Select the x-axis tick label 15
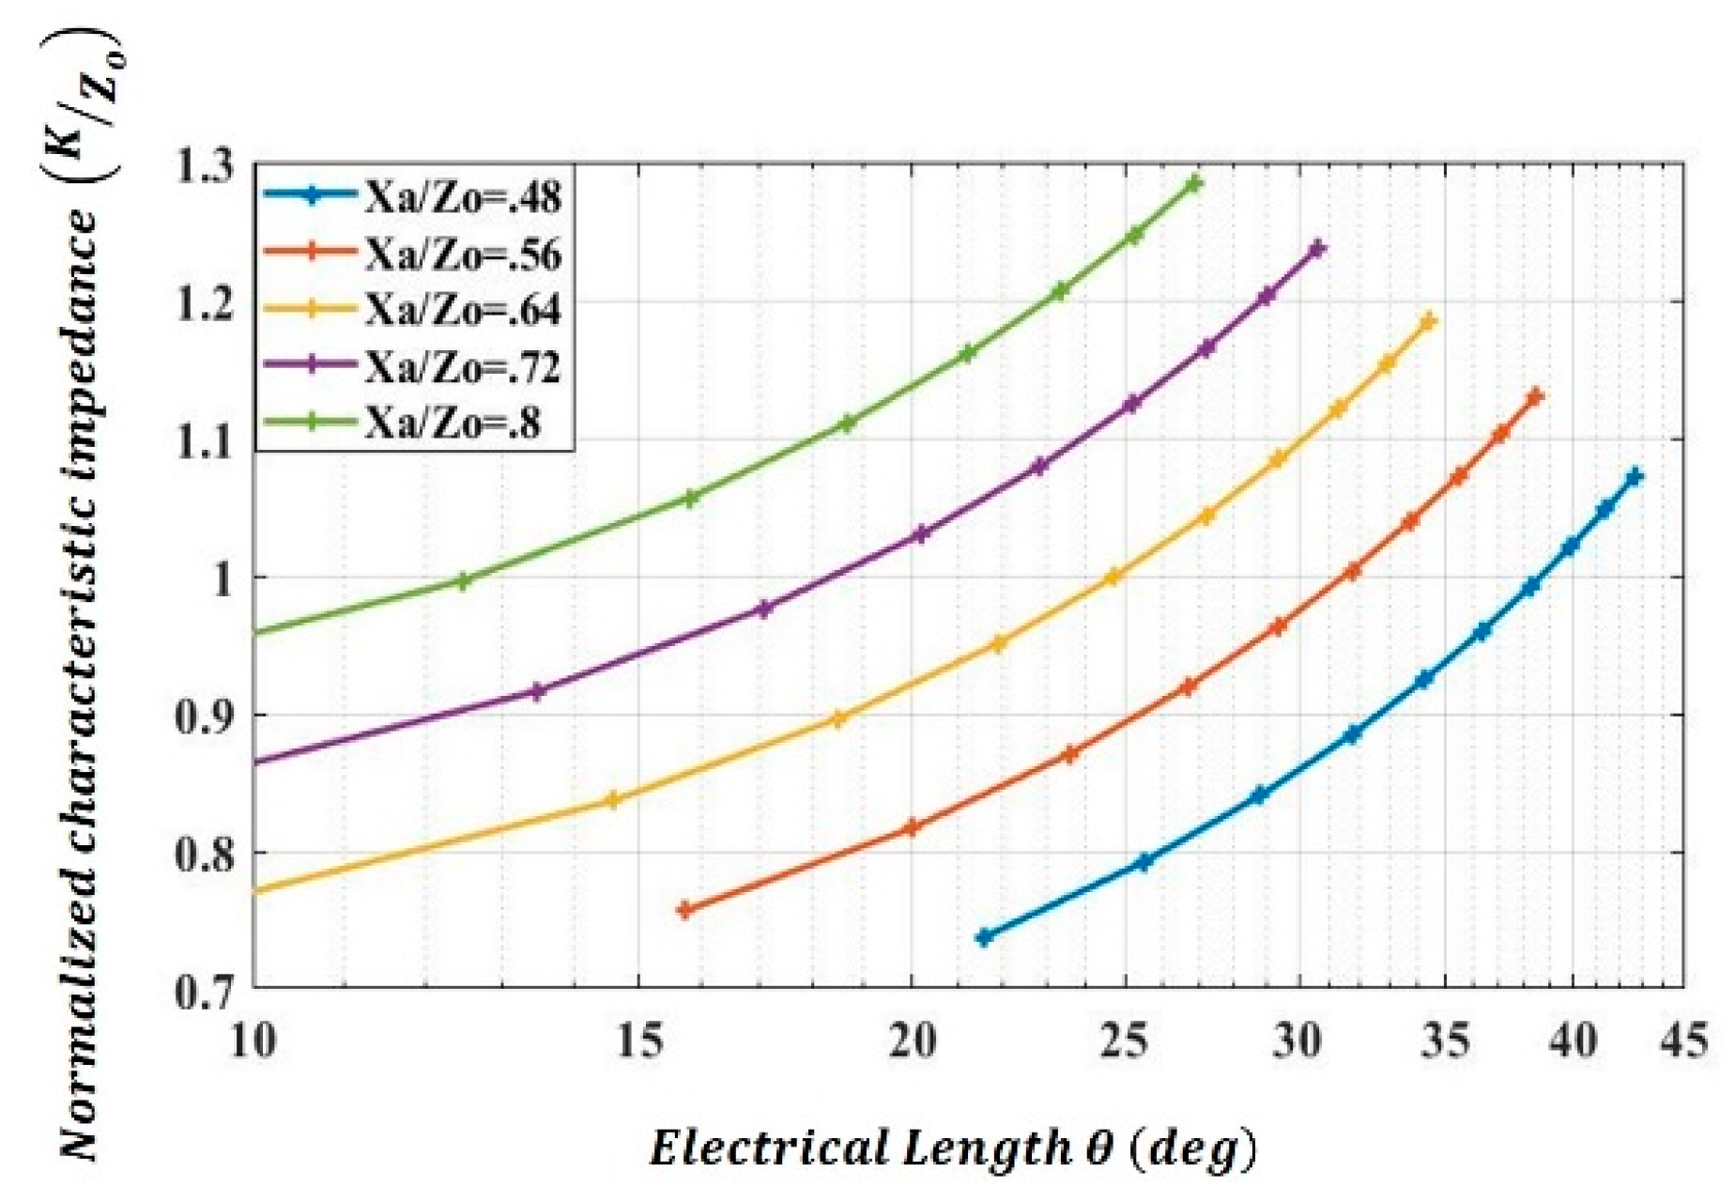click(639, 1042)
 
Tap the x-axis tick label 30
click(1299, 1042)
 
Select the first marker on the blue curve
click(984, 937)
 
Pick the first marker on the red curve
click(685, 909)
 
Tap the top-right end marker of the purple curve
click(1317, 249)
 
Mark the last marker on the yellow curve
click(1428, 322)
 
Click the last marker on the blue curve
click(1635, 477)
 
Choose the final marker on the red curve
click(1535, 397)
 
